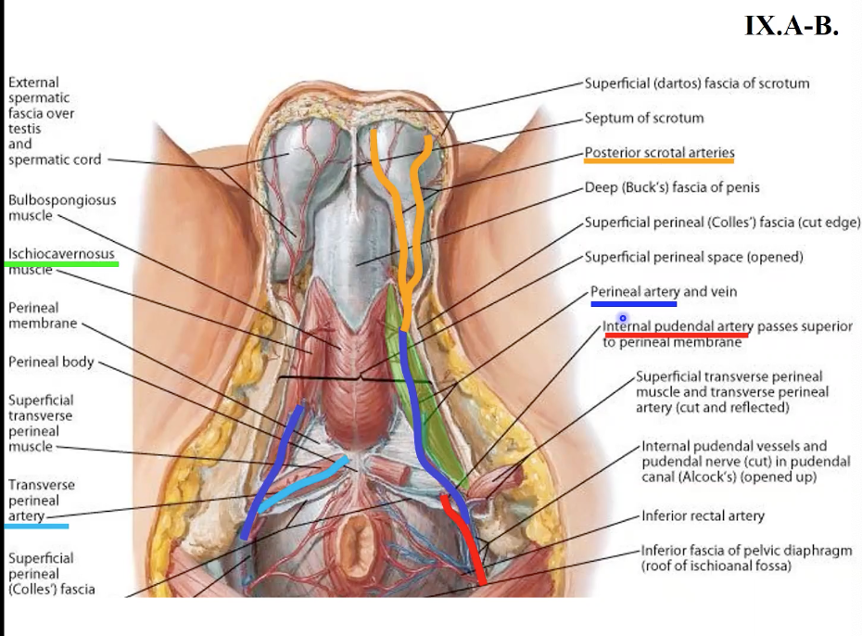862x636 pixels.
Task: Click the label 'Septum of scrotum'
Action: coord(643,118)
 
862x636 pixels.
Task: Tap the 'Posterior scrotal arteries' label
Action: coord(659,152)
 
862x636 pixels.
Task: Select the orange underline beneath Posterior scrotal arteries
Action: coord(659,161)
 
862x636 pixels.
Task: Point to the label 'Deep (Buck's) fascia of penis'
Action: coord(671,187)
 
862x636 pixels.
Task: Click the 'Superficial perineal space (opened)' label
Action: coord(693,256)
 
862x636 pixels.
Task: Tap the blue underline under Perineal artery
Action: coord(634,302)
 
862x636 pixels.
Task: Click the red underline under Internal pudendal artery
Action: coord(676,335)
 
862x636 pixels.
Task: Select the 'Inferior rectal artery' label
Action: coord(703,515)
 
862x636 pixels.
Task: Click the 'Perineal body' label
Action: coord(51,362)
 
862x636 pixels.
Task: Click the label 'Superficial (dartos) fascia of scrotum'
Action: coord(696,83)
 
